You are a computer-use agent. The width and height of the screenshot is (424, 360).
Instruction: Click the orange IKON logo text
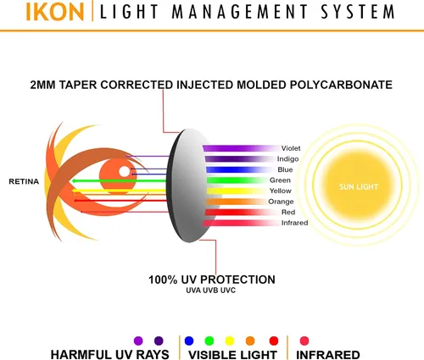(55, 12)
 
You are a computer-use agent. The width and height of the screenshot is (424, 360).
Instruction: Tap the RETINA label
(24, 181)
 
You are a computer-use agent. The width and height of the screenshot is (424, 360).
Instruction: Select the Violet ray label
(291, 148)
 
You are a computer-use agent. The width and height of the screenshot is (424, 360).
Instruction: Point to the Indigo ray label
(287, 159)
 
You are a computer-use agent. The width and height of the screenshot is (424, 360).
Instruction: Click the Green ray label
(280, 180)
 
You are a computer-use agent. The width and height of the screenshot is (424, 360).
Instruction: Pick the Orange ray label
(281, 202)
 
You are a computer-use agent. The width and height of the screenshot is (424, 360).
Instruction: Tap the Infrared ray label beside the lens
(294, 223)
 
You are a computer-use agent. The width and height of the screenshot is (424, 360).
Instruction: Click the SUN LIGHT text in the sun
(359, 186)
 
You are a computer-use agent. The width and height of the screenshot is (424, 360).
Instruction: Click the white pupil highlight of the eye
(124, 171)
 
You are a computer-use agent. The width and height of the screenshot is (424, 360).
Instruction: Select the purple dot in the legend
(138, 341)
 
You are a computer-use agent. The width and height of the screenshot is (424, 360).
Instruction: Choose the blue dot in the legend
(189, 341)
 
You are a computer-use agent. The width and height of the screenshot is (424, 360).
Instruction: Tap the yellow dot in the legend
(230, 341)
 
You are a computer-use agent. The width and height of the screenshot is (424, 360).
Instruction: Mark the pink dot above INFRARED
(304, 341)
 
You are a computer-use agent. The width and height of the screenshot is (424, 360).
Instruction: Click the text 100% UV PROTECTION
(212, 280)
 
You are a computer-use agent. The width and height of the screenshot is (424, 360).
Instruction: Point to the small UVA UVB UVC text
(210, 291)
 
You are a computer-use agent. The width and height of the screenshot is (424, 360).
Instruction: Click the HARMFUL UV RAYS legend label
(109, 355)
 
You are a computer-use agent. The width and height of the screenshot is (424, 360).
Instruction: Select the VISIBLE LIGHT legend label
(232, 355)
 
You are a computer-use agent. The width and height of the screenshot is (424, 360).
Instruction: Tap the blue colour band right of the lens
(237, 169)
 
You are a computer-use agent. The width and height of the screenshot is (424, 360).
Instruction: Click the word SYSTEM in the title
(357, 12)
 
